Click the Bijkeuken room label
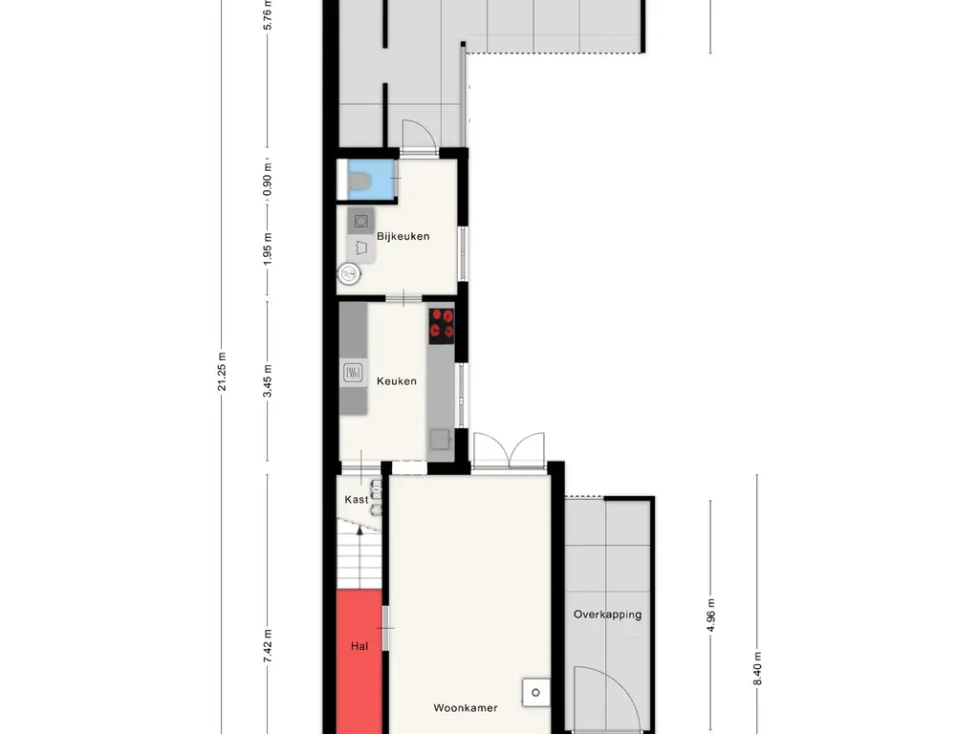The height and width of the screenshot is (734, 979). [402, 237]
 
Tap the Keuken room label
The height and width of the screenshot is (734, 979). [397, 381]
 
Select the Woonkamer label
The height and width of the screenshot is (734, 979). [466, 708]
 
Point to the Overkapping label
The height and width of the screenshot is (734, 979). [607, 615]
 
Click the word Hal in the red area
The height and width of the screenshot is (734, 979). [359, 646]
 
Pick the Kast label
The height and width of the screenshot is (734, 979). [357, 499]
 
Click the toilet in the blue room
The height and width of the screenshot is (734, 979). [359, 181]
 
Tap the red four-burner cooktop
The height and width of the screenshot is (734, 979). [442, 325]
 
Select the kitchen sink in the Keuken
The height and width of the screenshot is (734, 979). [441, 440]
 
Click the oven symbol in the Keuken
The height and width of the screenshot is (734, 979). [353, 374]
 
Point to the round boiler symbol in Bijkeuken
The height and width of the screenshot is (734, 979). [349, 273]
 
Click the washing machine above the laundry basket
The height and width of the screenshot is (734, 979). [360, 221]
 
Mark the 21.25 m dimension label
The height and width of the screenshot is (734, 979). [222, 372]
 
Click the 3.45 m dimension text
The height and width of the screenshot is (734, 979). [268, 380]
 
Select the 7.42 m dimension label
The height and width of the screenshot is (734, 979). [268, 646]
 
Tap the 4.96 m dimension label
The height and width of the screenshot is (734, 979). [711, 615]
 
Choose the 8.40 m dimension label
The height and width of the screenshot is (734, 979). [757, 668]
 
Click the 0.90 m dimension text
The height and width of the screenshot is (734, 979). [268, 179]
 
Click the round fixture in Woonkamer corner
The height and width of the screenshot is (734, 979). [535, 692]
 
